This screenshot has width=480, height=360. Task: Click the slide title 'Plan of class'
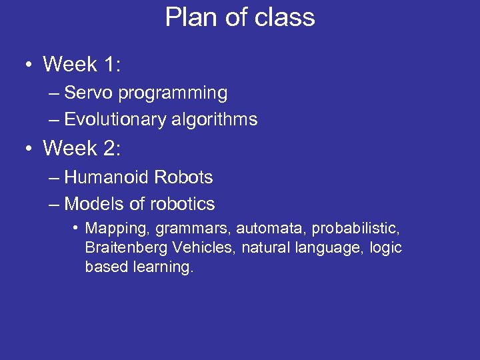click(x=240, y=17)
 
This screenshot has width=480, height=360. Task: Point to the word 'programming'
click(x=173, y=94)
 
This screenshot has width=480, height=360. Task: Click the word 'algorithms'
click(x=214, y=120)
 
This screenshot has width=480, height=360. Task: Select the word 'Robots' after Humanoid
click(x=183, y=177)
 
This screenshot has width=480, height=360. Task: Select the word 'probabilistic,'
click(x=356, y=229)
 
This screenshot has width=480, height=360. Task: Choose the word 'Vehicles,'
click(x=204, y=249)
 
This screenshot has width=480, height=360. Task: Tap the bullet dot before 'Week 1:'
click(x=27, y=65)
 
